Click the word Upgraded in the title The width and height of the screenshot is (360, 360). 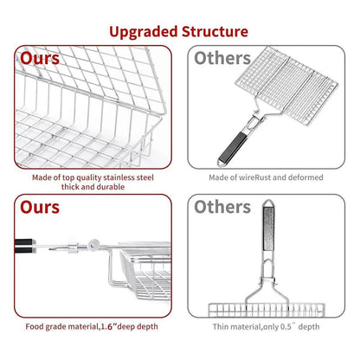[x=143, y=32]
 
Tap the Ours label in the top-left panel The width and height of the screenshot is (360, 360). [x=40, y=58]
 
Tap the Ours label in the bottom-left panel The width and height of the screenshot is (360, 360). [x=40, y=207]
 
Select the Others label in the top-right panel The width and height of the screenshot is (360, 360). [x=222, y=58]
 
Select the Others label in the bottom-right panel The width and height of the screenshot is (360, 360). [x=222, y=207]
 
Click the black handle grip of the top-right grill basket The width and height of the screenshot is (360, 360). [x=233, y=147]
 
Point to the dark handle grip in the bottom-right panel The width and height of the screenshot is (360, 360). [x=268, y=228]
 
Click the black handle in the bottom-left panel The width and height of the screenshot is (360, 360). [x=24, y=246]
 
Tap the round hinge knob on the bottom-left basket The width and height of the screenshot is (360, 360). [x=93, y=244]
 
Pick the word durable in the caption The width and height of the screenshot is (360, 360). [x=110, y=187]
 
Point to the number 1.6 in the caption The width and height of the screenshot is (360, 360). [x=107, y=327]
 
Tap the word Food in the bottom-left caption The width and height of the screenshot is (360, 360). [x=35, y=327]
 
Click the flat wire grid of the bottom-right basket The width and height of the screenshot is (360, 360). [x=267, y=310]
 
